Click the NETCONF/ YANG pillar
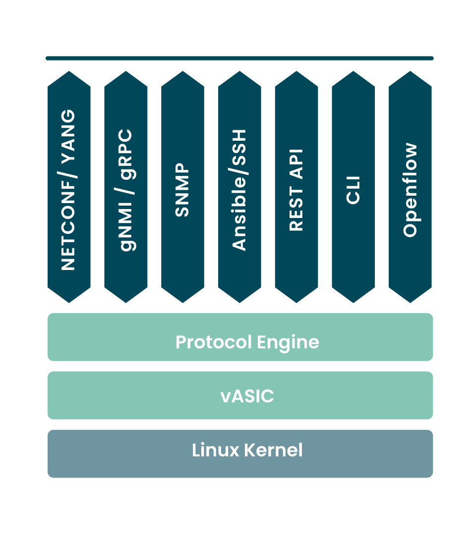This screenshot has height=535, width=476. [x=69, y=187]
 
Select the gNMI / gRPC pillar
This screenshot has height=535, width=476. [x=126, y=187]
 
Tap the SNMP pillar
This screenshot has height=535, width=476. [x=182, y=187]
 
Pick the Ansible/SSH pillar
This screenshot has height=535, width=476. [x=239, y=187]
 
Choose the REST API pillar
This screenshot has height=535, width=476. [x=297, y=187]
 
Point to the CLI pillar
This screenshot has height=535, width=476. [x=353, y=187]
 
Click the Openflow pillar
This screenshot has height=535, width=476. [x=410, y=187]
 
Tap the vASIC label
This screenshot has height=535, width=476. [x=247, y=396]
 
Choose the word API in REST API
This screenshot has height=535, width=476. [x=296, y=164]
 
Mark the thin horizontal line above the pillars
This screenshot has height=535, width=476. [x=239, y=58]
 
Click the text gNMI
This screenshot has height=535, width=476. [x=126, y=220]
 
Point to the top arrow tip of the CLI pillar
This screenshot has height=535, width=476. [x=353, y=72]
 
